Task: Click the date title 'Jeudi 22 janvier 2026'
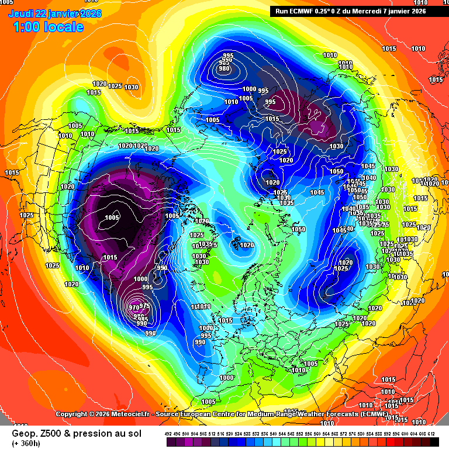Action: click(x=56, y=13)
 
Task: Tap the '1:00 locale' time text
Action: click(x=46, y=27)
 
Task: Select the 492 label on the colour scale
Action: click(x=168, y=433)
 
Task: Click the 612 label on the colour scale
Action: click(x=431, y=433)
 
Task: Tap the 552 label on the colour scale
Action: click(x=299, y=433)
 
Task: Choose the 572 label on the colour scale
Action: click(x=343, y=433)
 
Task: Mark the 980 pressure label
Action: click(x=224, y=68)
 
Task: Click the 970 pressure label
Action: click(x=134, y=308)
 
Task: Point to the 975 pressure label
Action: click(x=146, y=306)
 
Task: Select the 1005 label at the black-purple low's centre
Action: click(x=112, y=217)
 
